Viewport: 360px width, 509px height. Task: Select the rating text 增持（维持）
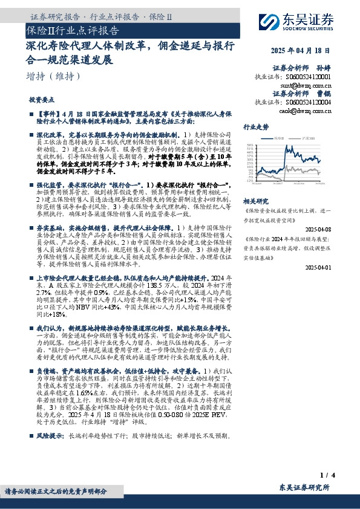tap(54, 76)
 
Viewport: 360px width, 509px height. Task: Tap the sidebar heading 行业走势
tap(255, 128)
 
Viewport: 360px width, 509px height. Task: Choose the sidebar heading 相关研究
tap(255, 201)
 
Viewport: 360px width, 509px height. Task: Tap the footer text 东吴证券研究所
tap(304, 487)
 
